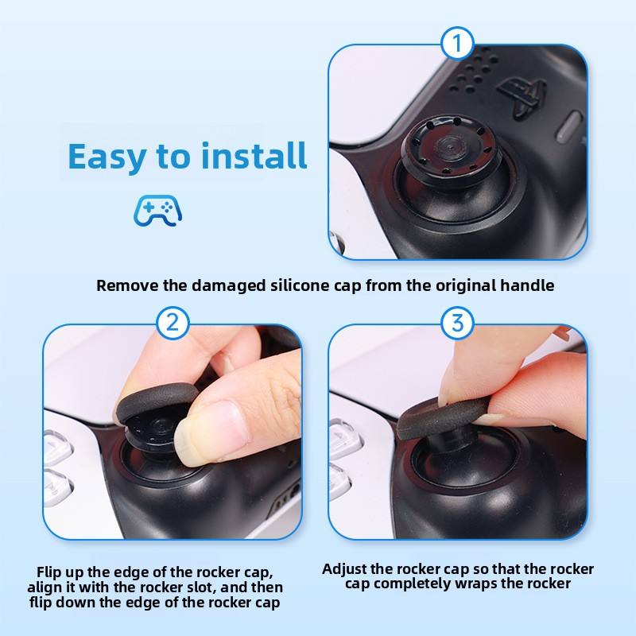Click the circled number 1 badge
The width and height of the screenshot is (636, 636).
[x=457, y=44]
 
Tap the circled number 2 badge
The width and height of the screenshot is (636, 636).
[x=173, y=323]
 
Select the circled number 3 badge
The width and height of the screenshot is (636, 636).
[x=457, y=323]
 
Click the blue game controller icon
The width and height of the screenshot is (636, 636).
[x=157, y=210]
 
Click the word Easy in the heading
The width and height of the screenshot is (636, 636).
[x=107, y=157]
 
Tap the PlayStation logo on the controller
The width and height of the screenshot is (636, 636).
[x=522, y=95]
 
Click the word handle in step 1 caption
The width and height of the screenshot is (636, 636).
[x=527, y=285]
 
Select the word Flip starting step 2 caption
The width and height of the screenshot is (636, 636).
[x=50, y=572]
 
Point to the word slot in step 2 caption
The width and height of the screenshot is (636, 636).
[x=201, y=587]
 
